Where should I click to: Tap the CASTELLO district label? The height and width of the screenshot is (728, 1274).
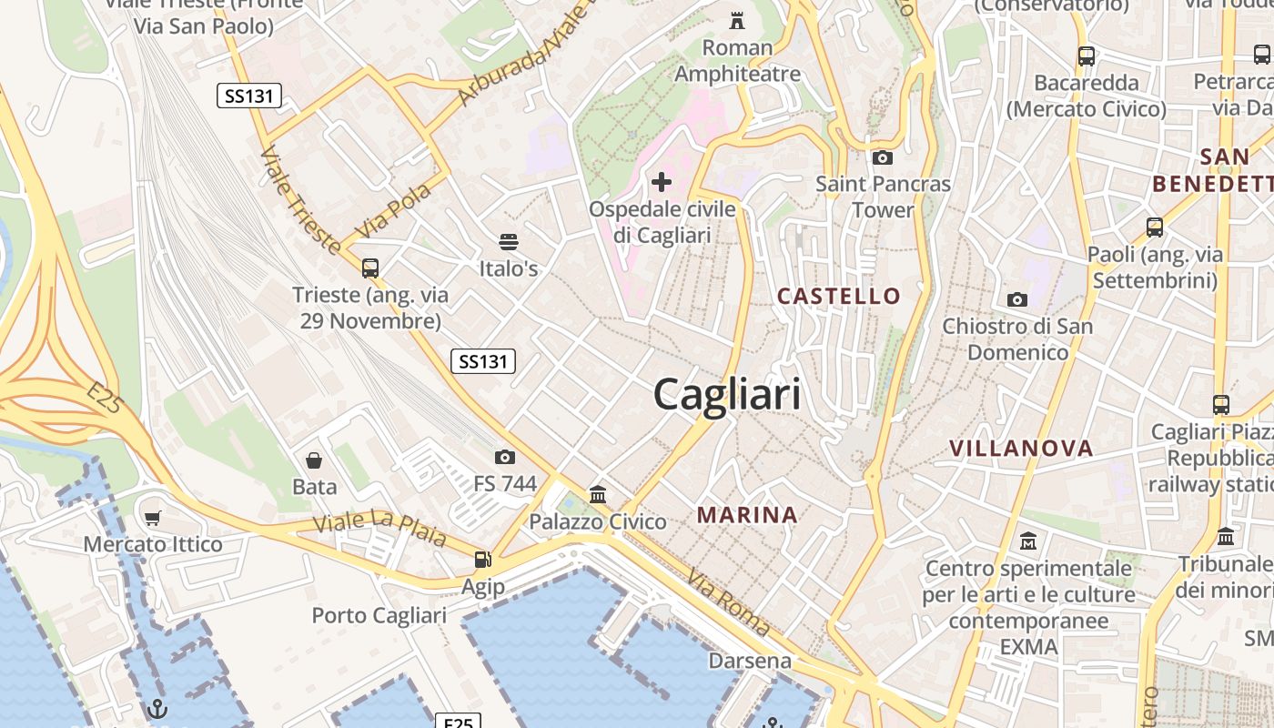(838, 296)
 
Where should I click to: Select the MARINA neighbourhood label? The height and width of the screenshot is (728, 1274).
(747, 515)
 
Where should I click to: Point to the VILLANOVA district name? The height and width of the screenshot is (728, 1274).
(1021, 448)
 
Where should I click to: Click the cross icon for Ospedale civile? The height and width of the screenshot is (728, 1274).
(662, 182)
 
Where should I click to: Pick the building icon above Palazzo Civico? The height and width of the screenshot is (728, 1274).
(598, 494)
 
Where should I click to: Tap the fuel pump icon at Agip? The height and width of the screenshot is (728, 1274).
(482, 560)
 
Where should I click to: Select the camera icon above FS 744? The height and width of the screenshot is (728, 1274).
(505, 457)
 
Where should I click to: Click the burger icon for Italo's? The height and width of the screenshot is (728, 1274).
(509, 242)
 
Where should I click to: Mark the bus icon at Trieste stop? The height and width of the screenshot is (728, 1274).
(369, 268)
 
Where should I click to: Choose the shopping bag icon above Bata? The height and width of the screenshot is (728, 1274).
(314, 460)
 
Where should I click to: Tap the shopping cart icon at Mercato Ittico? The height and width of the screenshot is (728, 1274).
(152, 519)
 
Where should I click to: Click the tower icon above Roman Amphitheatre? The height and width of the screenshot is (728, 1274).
(737, 20)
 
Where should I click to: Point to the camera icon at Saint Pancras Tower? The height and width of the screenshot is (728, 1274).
(882, 157)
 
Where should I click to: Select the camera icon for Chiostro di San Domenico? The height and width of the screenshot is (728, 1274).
(1017, 299)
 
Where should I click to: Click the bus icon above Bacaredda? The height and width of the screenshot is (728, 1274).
(1086, 56)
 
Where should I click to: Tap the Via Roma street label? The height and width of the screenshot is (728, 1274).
(728, 602)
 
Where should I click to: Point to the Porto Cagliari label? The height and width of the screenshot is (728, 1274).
(379, 615)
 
